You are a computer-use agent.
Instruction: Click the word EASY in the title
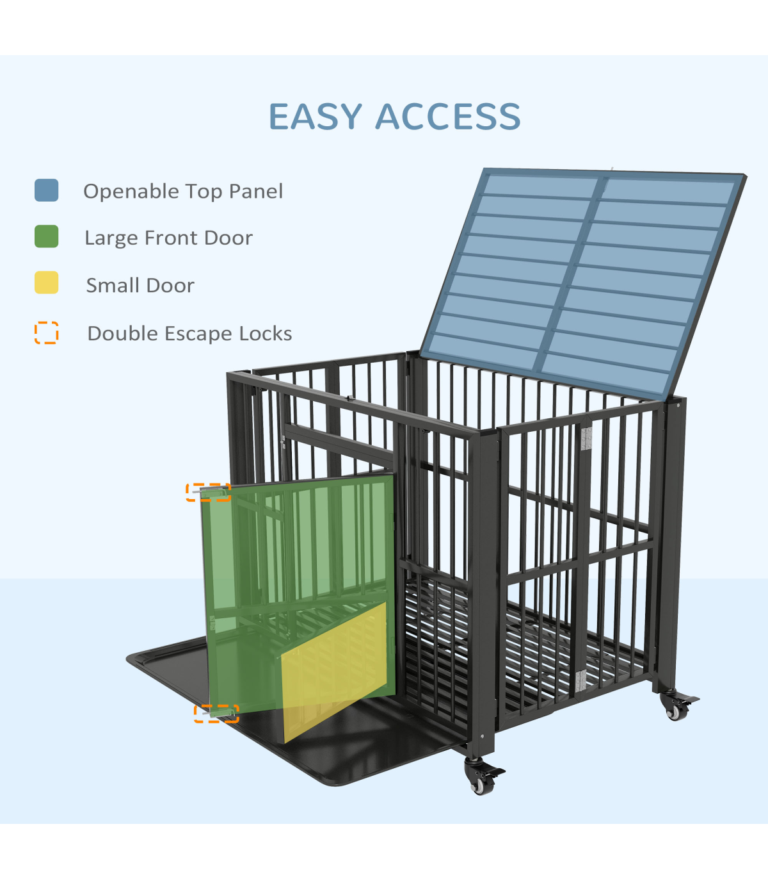[316, 117]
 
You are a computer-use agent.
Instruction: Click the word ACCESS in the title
[448, 117]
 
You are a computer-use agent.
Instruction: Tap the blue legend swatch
[47, 190]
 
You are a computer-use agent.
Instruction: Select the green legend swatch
[47, 236]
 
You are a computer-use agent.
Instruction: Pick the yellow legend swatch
[47, 283]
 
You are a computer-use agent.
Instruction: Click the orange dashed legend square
[47, 333]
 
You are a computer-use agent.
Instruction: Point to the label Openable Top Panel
[183, 191]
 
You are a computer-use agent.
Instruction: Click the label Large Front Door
[169, 238]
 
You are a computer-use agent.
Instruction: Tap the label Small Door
[140, 285]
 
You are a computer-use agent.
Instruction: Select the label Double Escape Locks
[189, 333]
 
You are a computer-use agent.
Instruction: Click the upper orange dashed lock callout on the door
[209, 492]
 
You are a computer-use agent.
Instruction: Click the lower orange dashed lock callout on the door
[216, 713]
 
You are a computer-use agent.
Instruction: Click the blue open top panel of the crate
[582, 275]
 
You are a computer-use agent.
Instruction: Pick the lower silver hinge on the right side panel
[580, 680]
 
